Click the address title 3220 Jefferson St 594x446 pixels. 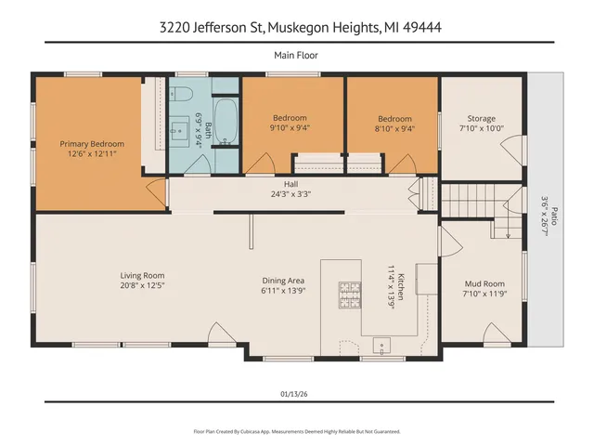pyautogui.click(x=297, y=28)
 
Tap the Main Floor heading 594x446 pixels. pyautogui.click(x=296, y=56)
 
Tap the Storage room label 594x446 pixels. pyautogui.click(x=481, y=118)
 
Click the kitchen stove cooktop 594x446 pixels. pyautogui.click(x=349, y=295)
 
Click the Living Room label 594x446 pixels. pyautogui.click(x=141, y=275)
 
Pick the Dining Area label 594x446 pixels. pyautogui.click(x=283, y=281)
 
